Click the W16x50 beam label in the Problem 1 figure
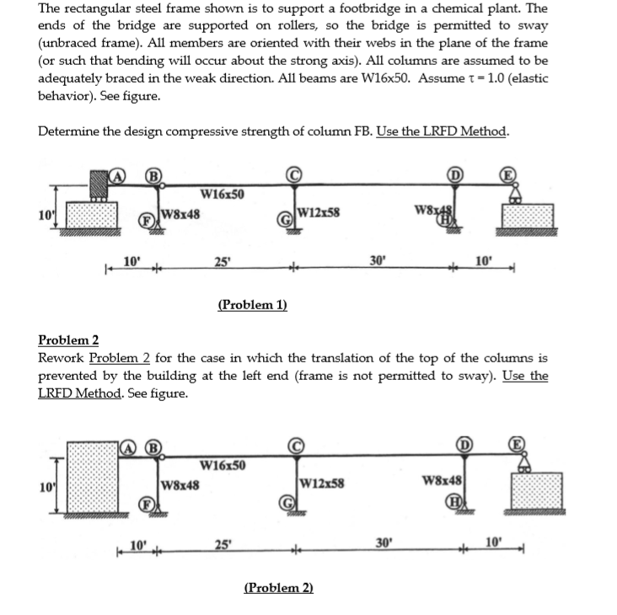[223, 195]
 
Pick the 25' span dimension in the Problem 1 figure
[223, 260]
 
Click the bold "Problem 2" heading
[68, 340]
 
